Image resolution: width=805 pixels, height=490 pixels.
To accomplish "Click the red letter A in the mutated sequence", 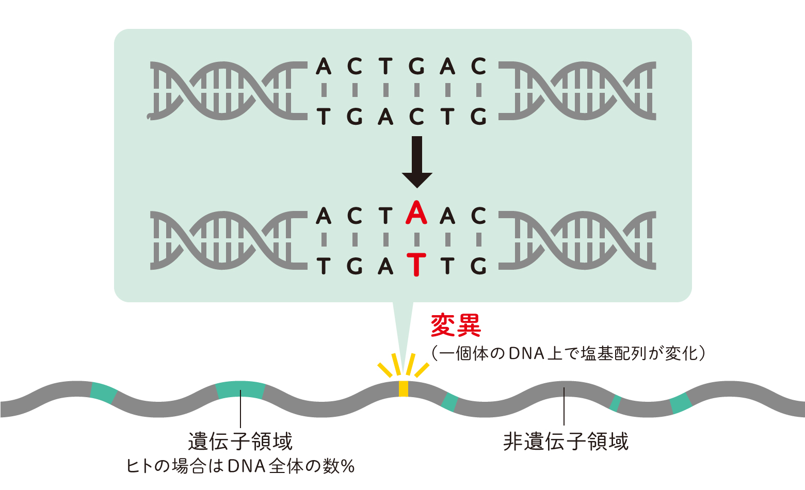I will [x=416, y=213].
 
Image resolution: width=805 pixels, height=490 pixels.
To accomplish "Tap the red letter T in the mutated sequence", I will [x=416, y=265].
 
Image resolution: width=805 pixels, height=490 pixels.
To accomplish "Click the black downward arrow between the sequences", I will [x=417, y=161].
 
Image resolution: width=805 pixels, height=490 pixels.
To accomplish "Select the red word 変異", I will [x=456, y=325].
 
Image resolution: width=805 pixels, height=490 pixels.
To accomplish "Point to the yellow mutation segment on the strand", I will [x=404, y=388].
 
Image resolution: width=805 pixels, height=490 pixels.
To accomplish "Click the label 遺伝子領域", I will [x=240, y=442].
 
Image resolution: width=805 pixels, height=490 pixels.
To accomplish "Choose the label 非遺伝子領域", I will [x=566, y=442].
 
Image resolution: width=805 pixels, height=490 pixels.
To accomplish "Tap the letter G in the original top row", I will [x=416, y=66].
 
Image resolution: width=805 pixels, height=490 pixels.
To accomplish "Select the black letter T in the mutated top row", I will [x=385, y=216].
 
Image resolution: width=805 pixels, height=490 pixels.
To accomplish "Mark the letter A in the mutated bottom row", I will [x=385, y=266].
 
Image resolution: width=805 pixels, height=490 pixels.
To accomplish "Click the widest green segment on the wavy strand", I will [x=240, y=389].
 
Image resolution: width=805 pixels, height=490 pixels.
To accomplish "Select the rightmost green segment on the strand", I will [x=681, y=403].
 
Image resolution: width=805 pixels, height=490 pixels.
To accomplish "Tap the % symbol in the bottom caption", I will [x=348, y=467].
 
